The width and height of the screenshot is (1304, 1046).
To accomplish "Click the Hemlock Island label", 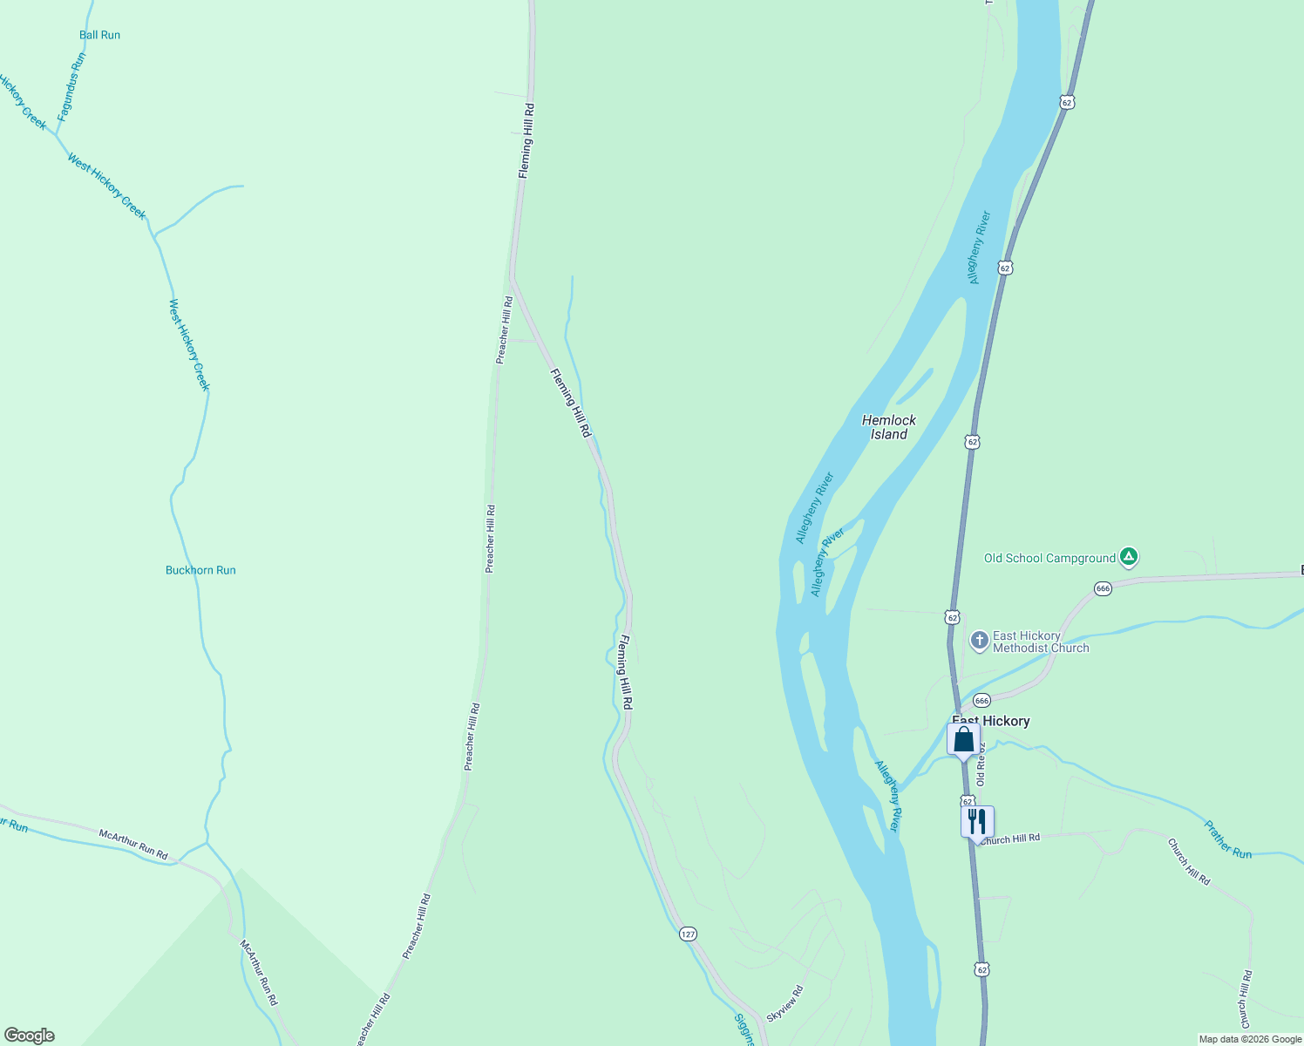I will click(888, 427).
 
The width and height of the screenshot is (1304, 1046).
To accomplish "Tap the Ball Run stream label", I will click(99, 36).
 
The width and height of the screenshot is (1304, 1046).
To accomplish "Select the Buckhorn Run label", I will click(200, 571).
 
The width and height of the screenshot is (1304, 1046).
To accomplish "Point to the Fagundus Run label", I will click(71, 86).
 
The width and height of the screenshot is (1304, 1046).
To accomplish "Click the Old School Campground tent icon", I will click(1129, 556).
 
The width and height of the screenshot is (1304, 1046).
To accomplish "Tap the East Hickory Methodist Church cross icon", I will click(979, 642).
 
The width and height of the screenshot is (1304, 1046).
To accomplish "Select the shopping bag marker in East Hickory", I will click(963, 741).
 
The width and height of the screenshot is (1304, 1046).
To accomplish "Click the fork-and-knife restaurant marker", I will click(977, 821).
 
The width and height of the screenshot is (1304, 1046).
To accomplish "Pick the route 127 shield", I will click(688, 934).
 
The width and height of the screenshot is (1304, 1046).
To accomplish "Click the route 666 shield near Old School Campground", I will click(1103, 588).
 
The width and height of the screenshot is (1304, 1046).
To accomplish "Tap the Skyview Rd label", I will click(784, 1003).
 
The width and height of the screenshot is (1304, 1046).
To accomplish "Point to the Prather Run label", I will click(1227, 839).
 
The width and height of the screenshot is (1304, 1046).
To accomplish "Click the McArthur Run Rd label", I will click(133, 845).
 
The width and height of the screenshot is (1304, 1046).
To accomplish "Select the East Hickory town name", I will click(990, 721).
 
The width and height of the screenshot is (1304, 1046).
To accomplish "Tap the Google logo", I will click(30, 1036).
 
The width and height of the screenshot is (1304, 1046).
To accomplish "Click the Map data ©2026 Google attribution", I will click(1249, 1039).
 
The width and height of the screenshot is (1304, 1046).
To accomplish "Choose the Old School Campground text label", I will click(1049, 559).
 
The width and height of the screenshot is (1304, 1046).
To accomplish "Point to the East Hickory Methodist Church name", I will click(1040, 642).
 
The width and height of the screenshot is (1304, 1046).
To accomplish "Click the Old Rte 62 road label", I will click(981, 764).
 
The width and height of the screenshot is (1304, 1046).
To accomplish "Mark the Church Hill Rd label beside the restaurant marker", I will click(1009, 839).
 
